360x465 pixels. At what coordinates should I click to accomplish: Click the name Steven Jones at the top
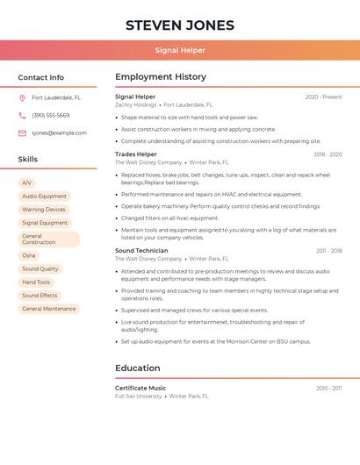coord(180,25)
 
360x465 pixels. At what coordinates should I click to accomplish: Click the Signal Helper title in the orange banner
coord(180,51)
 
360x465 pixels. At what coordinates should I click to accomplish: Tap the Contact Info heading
coord(40,77)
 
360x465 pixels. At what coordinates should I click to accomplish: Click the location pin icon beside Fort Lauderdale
coord(22,97)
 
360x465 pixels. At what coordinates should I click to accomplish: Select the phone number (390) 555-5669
coord(50,115)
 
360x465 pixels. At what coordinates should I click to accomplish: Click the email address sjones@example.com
coord(59,132)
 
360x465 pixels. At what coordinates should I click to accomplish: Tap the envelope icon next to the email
coord(22,132)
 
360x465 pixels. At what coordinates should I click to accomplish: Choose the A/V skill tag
coord(27,183)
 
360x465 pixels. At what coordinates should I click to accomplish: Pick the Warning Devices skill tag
coord(44,210)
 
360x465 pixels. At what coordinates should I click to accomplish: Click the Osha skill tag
coord(29,255)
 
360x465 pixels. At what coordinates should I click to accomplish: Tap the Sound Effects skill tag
coord(40,296)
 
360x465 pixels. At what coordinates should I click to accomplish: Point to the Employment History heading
coord(161,77)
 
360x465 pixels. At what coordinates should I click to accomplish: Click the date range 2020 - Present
coord(323,97)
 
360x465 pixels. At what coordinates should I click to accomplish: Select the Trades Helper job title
coord(136,154)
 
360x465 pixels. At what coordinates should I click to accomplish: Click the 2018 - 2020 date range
coord(328,154)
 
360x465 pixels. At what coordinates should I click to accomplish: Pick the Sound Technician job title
coord(141,251)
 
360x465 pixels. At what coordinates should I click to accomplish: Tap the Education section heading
coord(138,368)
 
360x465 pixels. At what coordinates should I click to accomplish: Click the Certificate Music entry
coord(140,388)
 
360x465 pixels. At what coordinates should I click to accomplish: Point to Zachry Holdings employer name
coord(135,104)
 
